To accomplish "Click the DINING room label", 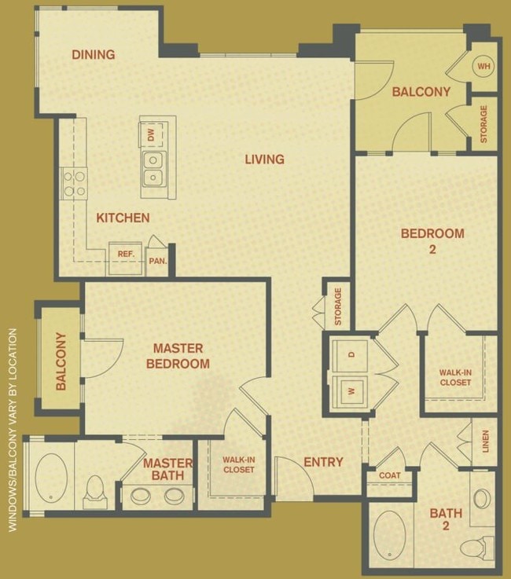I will (x=94, y=54).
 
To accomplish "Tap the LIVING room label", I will (x=264, y=159).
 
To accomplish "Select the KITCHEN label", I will (x=123, y=218).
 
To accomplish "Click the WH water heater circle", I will (x=483, y=66).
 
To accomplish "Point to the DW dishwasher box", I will (x=151, y=134).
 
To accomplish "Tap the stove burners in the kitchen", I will (x=75, y=184).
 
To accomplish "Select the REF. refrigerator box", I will (x=126, y=255).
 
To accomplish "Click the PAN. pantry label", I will (x=158, y=261).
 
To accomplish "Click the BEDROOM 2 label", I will (x=432, y=241).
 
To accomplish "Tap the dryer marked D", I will (x=351, y=354).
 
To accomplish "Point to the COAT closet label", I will (x=389, y=475).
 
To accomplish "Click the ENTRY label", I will (x=323, y=462).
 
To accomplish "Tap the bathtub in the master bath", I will (x=50, y=476).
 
